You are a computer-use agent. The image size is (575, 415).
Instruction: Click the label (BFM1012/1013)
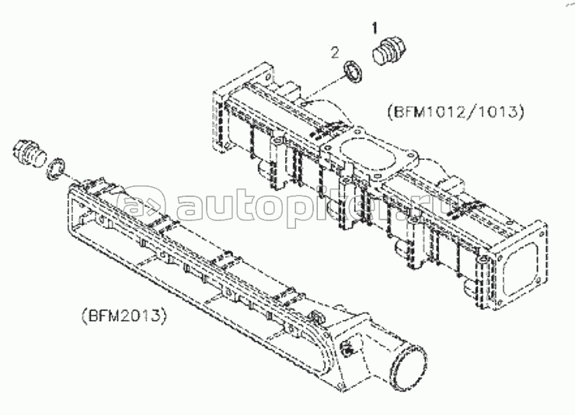(x=455, y=112)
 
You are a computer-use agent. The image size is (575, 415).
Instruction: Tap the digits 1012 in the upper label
(x=447, y=112)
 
